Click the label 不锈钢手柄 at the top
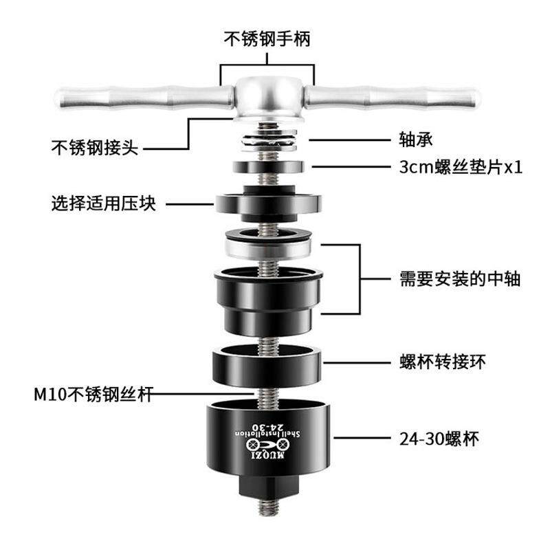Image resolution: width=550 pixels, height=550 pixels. pos(267,38)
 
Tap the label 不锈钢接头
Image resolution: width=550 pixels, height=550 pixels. pos(95,147)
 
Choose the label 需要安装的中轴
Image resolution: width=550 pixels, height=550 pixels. pos(459,279)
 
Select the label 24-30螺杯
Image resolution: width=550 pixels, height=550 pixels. pos(438,438)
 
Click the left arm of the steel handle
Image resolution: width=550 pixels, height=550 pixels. pos(137,99)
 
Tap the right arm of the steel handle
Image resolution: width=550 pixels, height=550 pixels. pos(399,99)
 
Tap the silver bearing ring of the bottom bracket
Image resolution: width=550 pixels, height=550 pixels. pos(268,246)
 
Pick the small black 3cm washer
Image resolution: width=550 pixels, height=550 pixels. pos(268,167)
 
